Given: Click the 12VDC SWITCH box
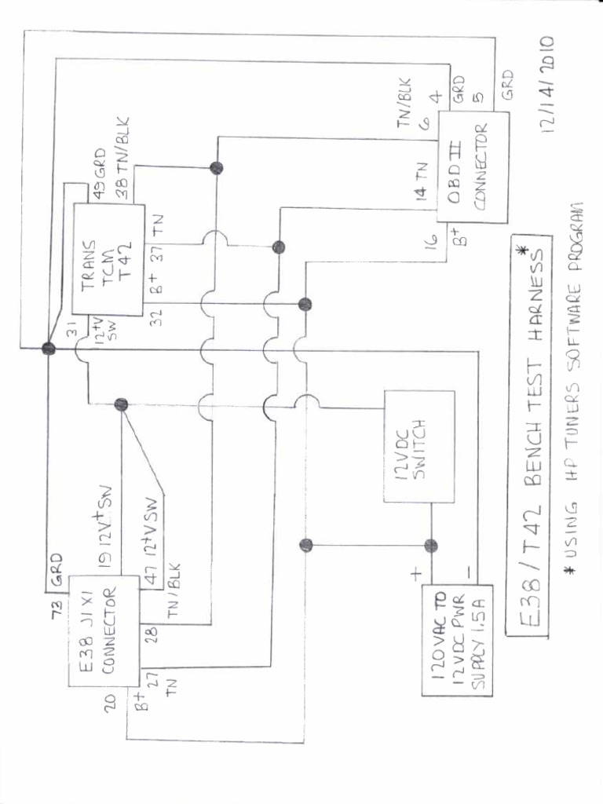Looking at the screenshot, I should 418,446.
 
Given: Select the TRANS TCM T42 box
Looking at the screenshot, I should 108,258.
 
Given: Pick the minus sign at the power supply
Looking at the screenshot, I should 469,572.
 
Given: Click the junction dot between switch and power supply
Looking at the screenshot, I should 430,546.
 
